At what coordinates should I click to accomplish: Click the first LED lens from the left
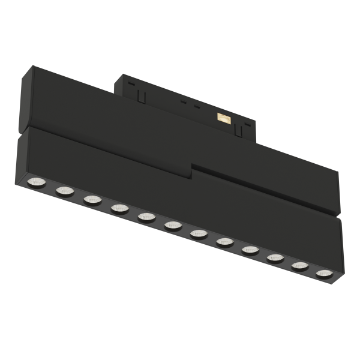click(37, 181)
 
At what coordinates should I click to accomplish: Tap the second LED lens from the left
click(65, 191)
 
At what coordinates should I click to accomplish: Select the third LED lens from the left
click(92, 200)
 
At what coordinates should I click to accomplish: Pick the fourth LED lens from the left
click(119, 208)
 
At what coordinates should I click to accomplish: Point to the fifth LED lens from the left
click(146, 217)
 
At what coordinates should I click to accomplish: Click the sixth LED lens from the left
click(173, 225)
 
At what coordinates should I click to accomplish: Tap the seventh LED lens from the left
click(199, 233)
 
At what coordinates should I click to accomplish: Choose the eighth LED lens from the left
click(225, 242)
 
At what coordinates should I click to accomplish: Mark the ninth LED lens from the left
click(251, 250)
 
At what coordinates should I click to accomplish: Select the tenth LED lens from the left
click(275, 258)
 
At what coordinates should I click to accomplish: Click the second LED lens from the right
click(300, 266)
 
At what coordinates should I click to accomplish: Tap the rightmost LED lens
click(325, 274)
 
